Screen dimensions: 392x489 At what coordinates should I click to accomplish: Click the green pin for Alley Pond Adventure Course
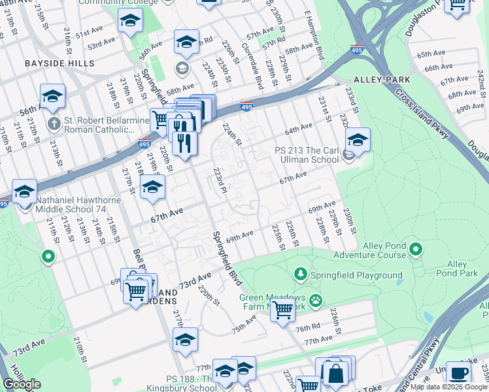tap(417, 249)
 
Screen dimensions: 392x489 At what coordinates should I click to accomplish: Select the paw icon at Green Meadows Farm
tap(316, 300)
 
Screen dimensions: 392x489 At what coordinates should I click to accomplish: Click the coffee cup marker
tap(458, 373)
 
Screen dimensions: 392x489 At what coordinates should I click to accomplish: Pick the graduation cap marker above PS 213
tap(358, 140)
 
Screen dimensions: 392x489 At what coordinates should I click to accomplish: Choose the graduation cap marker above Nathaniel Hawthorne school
tap(25, 191)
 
